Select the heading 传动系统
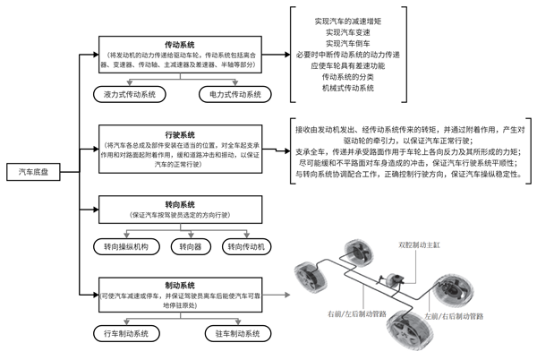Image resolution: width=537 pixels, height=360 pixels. click(x=182, y=42)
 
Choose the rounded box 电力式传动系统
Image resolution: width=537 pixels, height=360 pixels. click(x=234, y=93)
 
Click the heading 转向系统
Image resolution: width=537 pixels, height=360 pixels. click(x=182, y=201)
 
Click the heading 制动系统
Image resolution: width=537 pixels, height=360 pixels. click(x=182, y=279)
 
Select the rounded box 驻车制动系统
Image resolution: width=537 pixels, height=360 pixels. click(x=234, y=333)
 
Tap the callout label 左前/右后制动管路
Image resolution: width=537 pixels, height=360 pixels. click(x=454, y=316)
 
